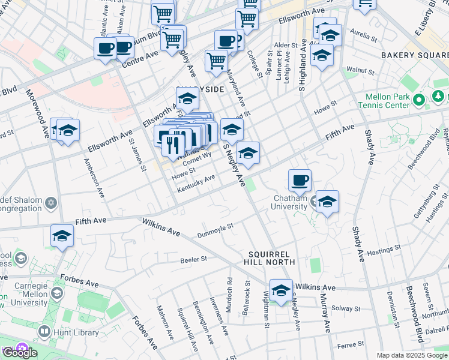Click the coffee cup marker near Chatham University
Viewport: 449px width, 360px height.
coord(300,180)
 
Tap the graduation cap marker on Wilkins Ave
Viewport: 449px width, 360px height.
coord(280,290)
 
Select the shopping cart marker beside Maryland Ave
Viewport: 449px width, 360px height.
coord(216,59)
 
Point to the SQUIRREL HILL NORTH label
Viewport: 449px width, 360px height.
coord(270,258)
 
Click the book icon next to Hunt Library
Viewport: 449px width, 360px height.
coord(44,331)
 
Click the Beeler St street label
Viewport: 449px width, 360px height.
coord(193,260)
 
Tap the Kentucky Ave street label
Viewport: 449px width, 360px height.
coord(196,184)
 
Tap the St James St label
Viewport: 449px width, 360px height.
coord(137,155)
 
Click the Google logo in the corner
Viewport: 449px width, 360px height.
coord(20,353)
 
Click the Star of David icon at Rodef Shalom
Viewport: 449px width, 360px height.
coord(51,203)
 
